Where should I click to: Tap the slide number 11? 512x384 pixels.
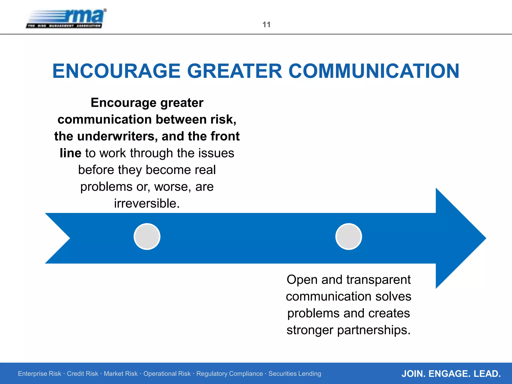tap(266, 24)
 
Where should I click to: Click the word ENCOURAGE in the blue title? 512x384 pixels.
tap(116, 71)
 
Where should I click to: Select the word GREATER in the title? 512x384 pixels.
tap(234, 71)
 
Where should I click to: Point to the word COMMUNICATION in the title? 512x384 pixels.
tap(374, 71)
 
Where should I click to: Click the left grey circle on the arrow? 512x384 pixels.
tap(147, 236)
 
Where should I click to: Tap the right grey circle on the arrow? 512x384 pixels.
tap(348, 236)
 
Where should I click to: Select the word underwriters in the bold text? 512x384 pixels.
tap(117, 136)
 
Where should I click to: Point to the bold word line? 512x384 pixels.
tap(70, 153)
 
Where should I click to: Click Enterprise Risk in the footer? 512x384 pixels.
tap(39, 374)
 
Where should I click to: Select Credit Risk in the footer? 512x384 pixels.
tap(82, 374)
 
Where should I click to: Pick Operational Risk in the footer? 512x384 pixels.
tap(167, 374)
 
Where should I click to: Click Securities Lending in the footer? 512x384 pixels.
tap(295, 374)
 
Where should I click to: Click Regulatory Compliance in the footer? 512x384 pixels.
tap(229, 374)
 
